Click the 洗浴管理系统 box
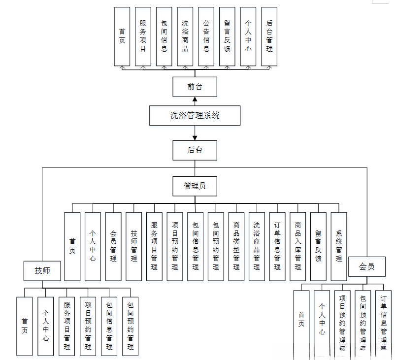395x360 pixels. (x=195, y=116)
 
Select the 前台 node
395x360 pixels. (x=195, y=87)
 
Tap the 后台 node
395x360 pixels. (x=195, y=150)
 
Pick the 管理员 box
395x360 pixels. (x=195, y=186)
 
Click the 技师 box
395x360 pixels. (x=42, y=270)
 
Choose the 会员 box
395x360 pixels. (x=366, y=266)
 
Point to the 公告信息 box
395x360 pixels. (x=206, y=36)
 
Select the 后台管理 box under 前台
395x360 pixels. (x=269, y=36)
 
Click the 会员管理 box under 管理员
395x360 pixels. (x=113, y=246)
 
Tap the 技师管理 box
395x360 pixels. (x=134, y=246)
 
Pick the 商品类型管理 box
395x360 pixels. (x=236, y=246)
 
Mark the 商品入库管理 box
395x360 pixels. (x=298, y=246)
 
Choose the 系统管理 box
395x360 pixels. (x=339, y=246)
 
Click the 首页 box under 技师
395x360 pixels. (x=25, y=326)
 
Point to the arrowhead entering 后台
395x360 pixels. (x=195, y=137)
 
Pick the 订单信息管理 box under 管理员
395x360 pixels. (x=277, y=246)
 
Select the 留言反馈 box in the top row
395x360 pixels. (x=227, y=36)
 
